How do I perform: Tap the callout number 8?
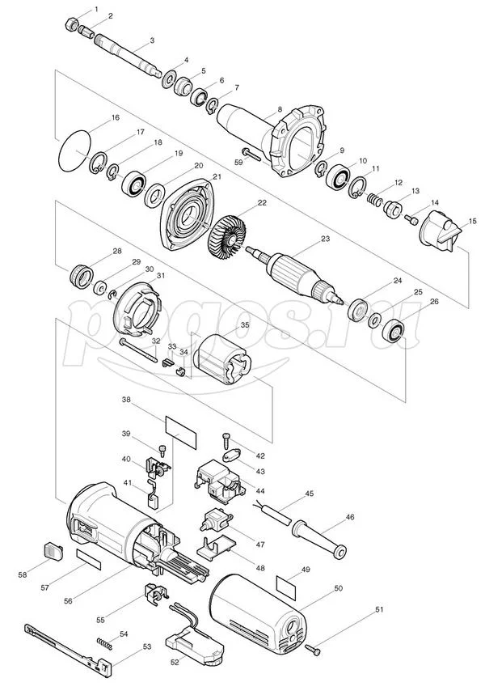[280, 108]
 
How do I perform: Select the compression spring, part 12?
[375, 200]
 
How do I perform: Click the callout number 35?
[245, 325]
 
